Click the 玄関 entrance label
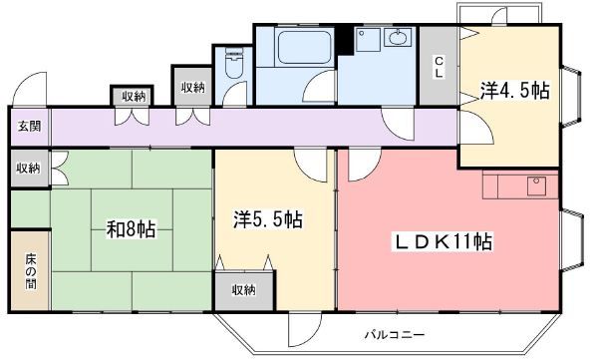[x=29, y=126]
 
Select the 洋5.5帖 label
[x=269, y=219]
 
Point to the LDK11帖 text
[x=444, y=242]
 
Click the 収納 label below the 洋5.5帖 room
[x=243, y=290]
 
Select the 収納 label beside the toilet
[x=192, y=88]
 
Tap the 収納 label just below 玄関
[x=29, y=169]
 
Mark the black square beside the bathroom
[x=344, y=40]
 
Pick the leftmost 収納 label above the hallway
[x=134, y=96]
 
